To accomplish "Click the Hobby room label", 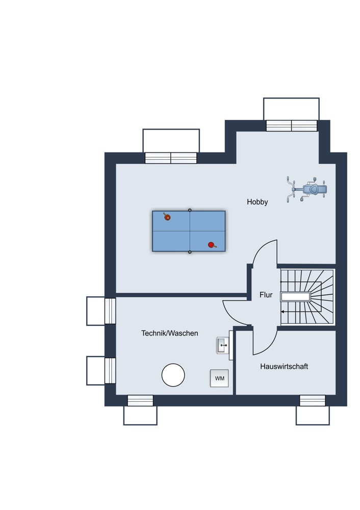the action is pyautogui.click(x=257, y=202).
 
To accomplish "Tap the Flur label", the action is pyautogui.click(x=266, y=295).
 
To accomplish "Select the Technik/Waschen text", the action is pyautogui.click(x=169, y=333).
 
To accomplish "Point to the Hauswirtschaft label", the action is pyautogui.click(x=284, y=367).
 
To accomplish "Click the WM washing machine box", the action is pyautogui.click(x=219, y=378).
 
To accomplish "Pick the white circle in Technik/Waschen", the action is pyautogui.click(x=173, y=375).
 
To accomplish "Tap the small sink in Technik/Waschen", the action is pyautogui.click(x=223, y=345).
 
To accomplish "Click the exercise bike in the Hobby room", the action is pyautogui.click(x=306, y=189).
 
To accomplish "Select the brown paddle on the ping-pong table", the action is pyautogui.click(x=167, y=217).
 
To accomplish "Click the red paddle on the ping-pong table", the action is pyautogui.click(x=212, y=245).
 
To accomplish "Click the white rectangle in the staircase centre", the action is pyautogui.click(x=296, y=297).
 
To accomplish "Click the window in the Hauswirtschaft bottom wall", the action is pyautogui.click(x=312, y=400).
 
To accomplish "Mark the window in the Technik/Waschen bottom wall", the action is pyautogui.click(x=140, y=400).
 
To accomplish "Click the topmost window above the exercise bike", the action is pyautogui.click(x=292, y=125).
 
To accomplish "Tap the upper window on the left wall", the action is pyautogui.click(x=110, y=311).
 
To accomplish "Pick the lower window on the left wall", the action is pyautogui.click(x=110, y=370).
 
